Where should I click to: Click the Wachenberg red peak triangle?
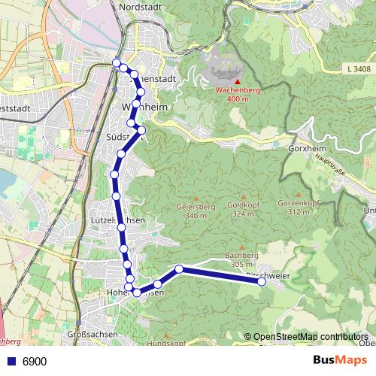[238, 81]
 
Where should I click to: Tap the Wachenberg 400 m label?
[237, 94]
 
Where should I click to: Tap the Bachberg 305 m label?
[241, 259]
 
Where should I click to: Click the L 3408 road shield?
[359, 69]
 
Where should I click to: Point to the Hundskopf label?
[165, 343]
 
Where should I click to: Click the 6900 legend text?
[35, 362]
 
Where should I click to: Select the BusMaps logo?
[340, 361]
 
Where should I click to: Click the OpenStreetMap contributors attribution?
[310, 337]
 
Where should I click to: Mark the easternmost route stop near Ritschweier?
[262, 283]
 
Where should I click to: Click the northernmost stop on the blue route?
[116, 62]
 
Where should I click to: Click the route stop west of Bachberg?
[179, 269]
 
